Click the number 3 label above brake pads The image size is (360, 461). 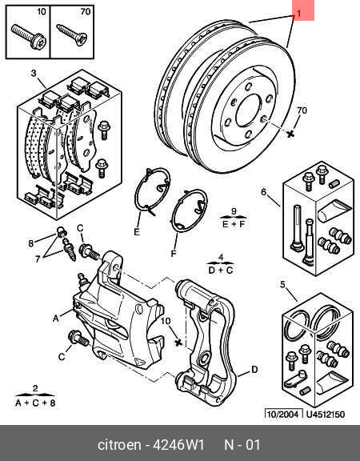[x=34, y=74]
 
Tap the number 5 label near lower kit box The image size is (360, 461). [x=282, y=284]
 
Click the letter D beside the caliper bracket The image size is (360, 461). [x=254, y=369]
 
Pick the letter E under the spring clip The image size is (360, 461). [x=137, y=232]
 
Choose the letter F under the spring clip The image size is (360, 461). [x=174, y=254]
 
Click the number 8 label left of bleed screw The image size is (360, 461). [x=31, y=243]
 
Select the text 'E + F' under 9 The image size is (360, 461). [x=234, y=226]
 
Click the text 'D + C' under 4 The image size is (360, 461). [x=222, y=271]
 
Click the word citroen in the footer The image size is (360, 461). [x=120, y=444]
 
